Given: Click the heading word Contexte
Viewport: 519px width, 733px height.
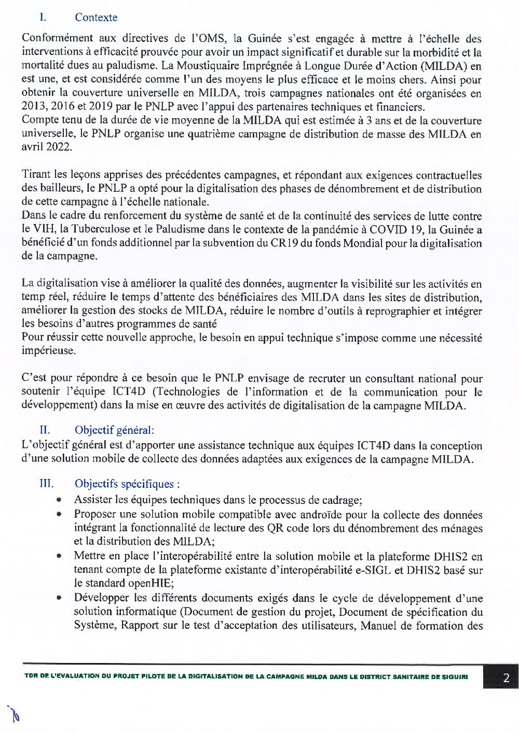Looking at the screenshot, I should (96, 17).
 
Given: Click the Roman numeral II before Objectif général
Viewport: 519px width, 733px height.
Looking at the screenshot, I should (45, 430).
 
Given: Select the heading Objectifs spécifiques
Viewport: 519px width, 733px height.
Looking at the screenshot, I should (127, 484).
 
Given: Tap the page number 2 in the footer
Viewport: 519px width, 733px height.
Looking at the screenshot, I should (506, 678).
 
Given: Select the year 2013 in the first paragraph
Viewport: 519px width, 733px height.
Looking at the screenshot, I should (34, 107).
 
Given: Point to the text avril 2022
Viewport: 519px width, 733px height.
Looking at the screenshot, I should (47, 147).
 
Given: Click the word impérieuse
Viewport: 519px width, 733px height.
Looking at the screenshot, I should (48, 351).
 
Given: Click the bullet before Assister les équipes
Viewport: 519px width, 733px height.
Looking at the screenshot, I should (60, 500).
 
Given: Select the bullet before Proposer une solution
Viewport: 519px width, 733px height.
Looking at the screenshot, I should (60, 514).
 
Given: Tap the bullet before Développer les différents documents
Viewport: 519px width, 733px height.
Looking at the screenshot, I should (60, 598).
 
